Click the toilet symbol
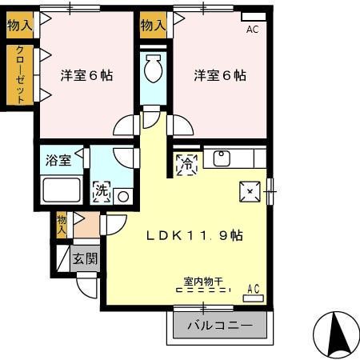coord(151,70)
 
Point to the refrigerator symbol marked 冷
coord(186,165)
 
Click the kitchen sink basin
coord(222,158)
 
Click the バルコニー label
coord(220,326)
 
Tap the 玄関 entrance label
coord(85,258)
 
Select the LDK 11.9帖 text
coord(194,237)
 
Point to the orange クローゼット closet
coord(20,74)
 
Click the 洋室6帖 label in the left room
coord(86,76)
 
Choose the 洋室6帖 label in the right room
coord(219,76)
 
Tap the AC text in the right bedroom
coord(253,30)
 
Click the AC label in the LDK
coord(254,289)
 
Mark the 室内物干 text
coord(203,282)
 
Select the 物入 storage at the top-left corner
coord(20,26)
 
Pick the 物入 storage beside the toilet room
coord(152,26)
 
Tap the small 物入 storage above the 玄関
coord(62,224)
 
